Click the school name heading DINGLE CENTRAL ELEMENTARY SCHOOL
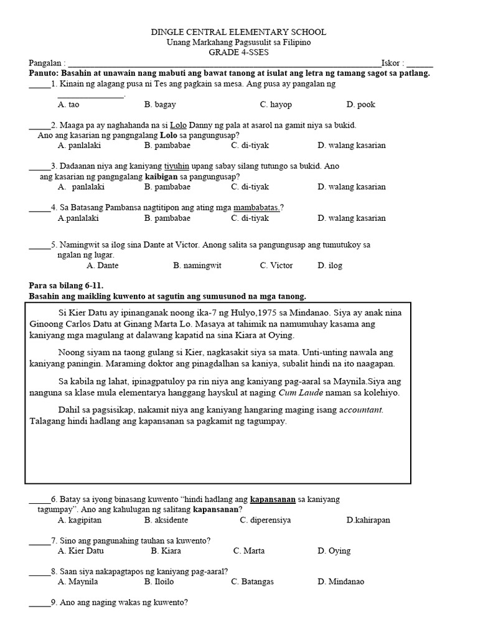click(239, 32)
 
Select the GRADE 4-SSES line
click(239, 53)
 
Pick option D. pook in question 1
click(361, 105)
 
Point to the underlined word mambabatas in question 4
click(256, 207)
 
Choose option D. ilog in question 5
click(330, 265)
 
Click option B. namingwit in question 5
click(197, 265)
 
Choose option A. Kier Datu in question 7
click(81, 551)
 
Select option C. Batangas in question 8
click(252, 582)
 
